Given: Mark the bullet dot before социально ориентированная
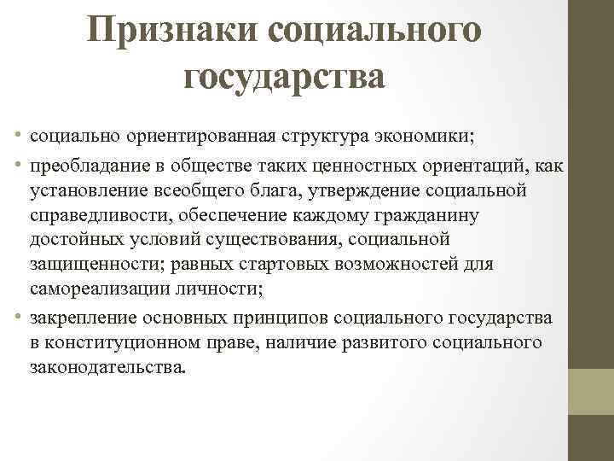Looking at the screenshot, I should [19, 135].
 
